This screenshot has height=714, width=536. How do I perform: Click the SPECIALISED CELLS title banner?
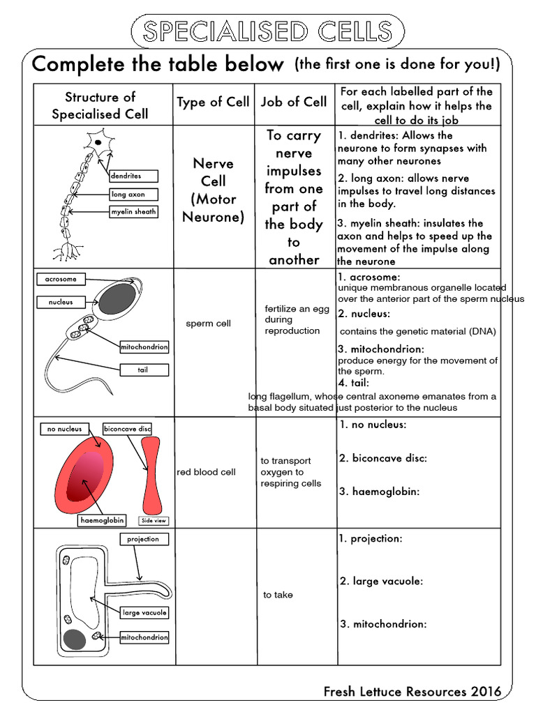point(267,31)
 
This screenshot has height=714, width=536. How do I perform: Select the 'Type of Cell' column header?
point(213,102)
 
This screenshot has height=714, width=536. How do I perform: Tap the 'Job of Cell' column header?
point(294,102)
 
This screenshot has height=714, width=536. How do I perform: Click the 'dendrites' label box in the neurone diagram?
point(134,176)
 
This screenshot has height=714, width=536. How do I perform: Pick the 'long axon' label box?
point(133,195)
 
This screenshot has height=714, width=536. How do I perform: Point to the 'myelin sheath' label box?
point(133,212)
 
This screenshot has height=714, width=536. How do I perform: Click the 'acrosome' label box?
point(61,279)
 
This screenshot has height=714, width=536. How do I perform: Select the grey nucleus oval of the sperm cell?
point(116,298)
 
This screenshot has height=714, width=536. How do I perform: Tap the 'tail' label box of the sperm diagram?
point(143,370)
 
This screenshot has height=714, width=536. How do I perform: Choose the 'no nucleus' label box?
point(65,429)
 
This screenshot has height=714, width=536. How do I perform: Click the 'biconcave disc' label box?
point(127,429)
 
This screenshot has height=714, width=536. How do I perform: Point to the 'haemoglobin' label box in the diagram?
point(103,520)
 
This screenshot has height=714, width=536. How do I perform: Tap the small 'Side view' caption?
point(154,520)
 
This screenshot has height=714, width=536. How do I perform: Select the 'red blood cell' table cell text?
point(206,472)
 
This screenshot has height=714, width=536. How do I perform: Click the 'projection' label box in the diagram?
point(143,539)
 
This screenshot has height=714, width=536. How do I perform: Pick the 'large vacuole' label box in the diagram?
point(144,613)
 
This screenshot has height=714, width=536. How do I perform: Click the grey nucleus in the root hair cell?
point(74,639)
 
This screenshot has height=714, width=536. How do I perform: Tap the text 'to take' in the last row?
point(278,595)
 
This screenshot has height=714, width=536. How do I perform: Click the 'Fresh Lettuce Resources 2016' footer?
point(412,692)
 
